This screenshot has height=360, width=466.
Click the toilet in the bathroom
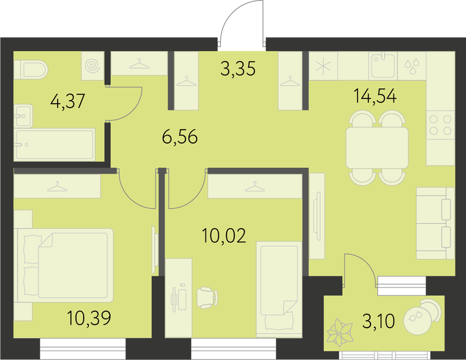[31, 69]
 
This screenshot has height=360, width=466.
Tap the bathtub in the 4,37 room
[54, 145]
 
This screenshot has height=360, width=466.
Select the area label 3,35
[238, 68]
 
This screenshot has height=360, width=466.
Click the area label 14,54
[375, 96]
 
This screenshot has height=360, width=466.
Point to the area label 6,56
[180, 137]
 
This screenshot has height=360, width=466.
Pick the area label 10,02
[224, 236]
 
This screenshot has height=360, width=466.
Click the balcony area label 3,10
[378, 321]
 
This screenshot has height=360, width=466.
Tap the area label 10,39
[89, 317]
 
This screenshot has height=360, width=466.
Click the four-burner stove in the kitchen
[440, 125]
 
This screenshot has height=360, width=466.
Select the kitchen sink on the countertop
[383, 65]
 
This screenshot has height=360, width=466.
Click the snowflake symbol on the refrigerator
[323, 66]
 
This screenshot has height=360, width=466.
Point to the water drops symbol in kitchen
[412, 66]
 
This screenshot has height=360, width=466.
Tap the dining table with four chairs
[377, 148]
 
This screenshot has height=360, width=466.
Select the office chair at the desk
[207, 298]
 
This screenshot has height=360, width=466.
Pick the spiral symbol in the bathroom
[93, 65]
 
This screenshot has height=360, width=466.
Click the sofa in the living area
[435, 223]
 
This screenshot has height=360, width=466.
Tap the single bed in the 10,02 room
[279, 290]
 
